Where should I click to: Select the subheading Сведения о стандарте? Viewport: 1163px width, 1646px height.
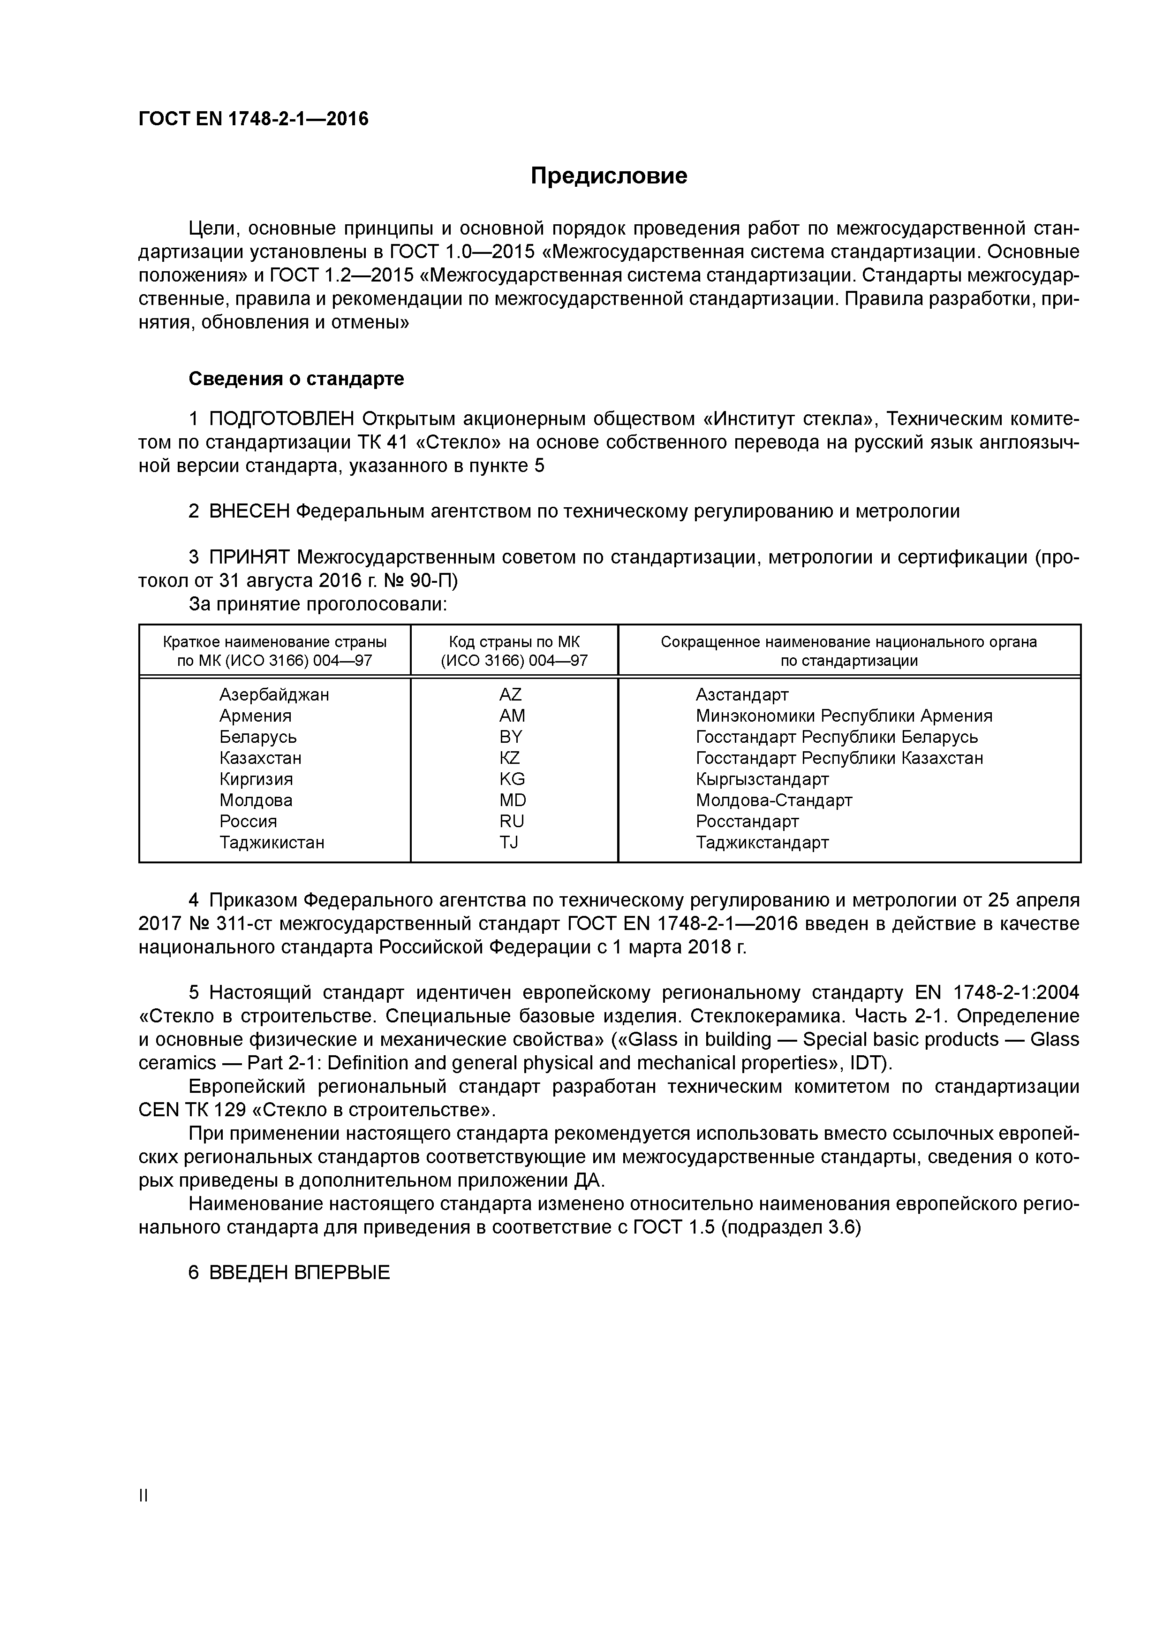click(296, 379)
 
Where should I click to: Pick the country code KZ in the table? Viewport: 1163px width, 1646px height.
click(510, 758)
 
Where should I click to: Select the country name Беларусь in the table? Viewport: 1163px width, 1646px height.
click(258, 737)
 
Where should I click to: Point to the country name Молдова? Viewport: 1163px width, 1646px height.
click(256, 800)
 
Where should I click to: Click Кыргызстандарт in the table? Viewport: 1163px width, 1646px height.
click(762, 779)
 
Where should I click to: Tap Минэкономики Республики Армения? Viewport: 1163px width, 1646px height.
click(843, 716)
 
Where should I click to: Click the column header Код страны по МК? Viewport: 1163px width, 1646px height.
click(514, 642)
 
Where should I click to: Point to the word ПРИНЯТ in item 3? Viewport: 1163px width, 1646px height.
click(249, 558)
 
